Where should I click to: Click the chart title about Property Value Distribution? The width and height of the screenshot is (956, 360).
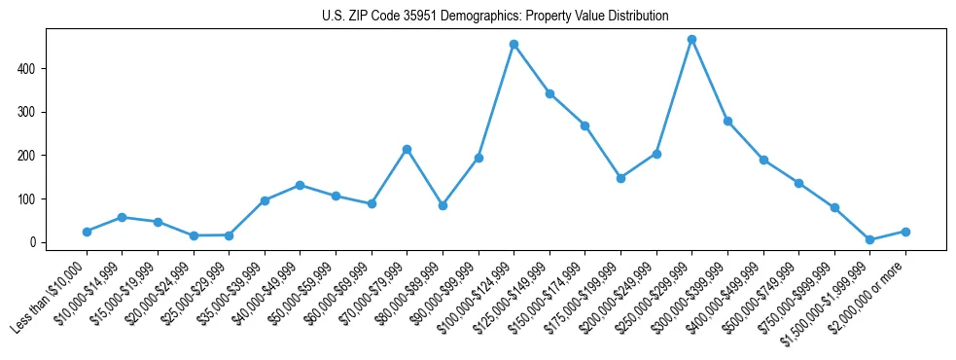click(x=495, y=17)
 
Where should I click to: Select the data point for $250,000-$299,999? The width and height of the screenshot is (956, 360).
click(x=691, y=40)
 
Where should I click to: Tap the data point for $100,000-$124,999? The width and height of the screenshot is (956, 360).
click(x=513, y=44)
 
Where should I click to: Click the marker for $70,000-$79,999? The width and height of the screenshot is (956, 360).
click(x=407, y=149)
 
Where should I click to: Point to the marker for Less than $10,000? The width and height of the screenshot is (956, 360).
click(x=87, y=232)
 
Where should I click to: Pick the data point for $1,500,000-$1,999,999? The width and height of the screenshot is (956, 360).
click(x=869, y=239)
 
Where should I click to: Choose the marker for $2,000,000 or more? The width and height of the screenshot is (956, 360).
click(x=905, y=232)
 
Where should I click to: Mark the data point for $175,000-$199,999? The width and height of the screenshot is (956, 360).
click(x=620, y=178)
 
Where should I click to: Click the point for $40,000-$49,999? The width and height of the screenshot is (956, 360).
click(x=300, y=185)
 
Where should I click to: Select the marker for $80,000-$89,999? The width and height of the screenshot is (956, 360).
click(x=443, y=205)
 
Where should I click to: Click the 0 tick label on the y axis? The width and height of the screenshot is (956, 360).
click(x=32, y=242)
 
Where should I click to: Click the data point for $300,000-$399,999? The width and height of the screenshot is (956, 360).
click(x=727, y=122)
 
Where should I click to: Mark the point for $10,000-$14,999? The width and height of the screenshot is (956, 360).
click(x=122, y=217)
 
